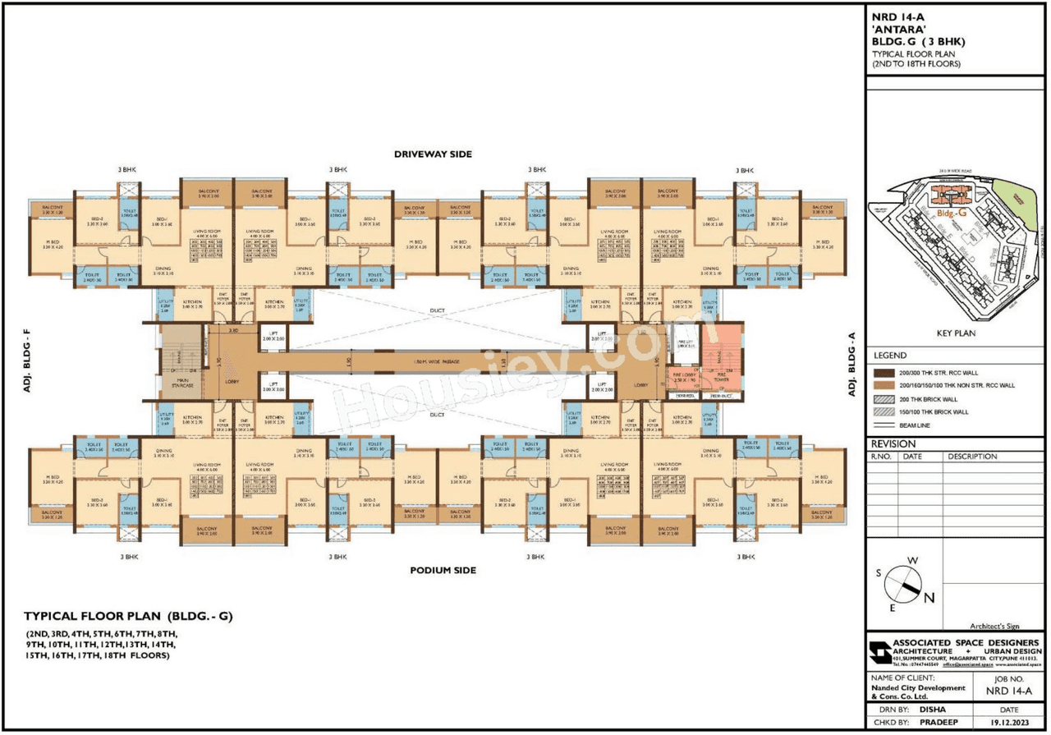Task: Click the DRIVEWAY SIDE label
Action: coord(433,154)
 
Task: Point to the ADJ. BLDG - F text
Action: coord(27,361)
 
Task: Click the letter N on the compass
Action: coord(929,598)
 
